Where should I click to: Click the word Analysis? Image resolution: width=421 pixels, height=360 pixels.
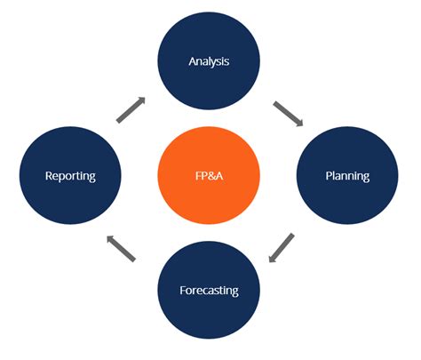click(209, 61)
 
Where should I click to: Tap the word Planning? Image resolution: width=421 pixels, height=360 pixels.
click(346, 176)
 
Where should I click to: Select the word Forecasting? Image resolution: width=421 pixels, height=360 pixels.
click(209, 291)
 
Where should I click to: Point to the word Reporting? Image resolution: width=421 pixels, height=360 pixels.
click(70, 176)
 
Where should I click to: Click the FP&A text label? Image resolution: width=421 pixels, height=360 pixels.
click(209, 176)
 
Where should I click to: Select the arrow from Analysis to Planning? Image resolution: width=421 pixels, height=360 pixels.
click(288, 114)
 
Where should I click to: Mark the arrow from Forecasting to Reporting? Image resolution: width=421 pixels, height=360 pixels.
click(122, 248)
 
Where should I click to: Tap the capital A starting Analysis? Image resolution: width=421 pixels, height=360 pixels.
click(192, 61)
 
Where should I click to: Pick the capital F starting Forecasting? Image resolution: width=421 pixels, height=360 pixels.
click(183, 291)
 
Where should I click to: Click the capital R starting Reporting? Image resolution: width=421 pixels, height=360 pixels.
click(50, 176)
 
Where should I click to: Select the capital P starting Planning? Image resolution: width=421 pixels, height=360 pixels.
click(325, 176)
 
